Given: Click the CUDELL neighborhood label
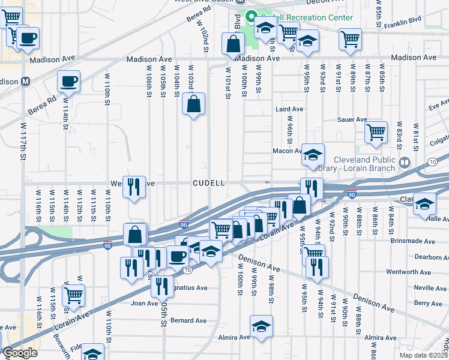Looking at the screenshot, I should pyautogui.click(x=209, y=182).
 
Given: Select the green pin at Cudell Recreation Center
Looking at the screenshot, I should pyautogui.click(x=253, y=17).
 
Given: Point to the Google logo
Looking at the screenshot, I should pyautogui.click(x=20, y=353).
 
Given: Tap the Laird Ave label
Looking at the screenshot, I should pyautogui.click(x=289, y=109).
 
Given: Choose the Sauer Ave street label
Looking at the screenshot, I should pyautogui.click(x=353, y=119).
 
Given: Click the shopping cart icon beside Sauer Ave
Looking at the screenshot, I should pyautogui.click(x=376, y=131).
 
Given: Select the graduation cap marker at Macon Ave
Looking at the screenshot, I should pyautogui.click(x=312, y=155).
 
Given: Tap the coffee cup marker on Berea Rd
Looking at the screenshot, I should pyautogui.click(x=68, y=82).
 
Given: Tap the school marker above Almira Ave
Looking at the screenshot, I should pyautogui.click(x=261, y=327).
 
